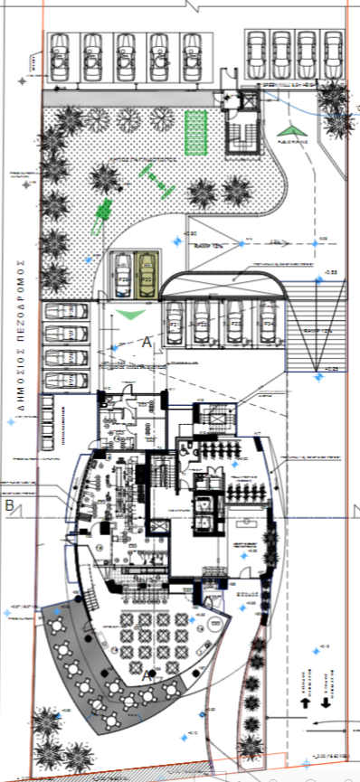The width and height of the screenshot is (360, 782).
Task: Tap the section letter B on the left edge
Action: click(10, 505)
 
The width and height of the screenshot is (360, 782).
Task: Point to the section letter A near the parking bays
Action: click(147, 341)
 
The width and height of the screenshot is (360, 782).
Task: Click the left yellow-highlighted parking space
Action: click(120, 272)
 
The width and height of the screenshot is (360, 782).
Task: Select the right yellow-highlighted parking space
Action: click(147, 272)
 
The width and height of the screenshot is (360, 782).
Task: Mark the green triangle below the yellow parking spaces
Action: click(132, 313)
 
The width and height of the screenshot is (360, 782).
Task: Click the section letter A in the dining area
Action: click(147, 675)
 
